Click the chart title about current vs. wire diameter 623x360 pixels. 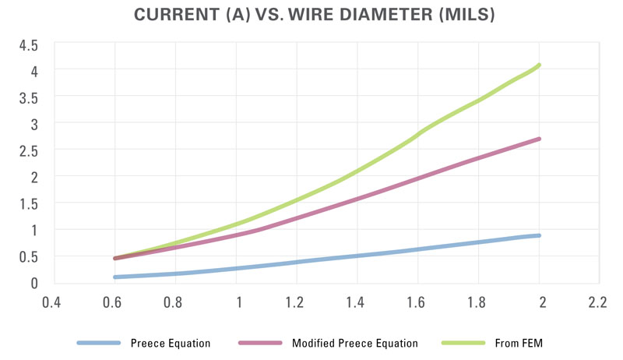tap(311, 16)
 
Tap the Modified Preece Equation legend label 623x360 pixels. tap(354, 343)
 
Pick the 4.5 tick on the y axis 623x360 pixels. tap(28, 44)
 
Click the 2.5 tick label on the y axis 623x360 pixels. tap(28, 150)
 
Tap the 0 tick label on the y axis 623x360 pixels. tap(33, 283)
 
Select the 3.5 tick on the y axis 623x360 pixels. tap(28, 97)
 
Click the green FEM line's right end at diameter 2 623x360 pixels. tap(539, 65)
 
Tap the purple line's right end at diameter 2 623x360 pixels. tap(539, 139)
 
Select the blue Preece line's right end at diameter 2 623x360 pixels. tap(539, 235)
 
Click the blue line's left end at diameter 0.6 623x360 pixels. tap(115, 277)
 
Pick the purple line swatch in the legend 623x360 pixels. tap(261, 343)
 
